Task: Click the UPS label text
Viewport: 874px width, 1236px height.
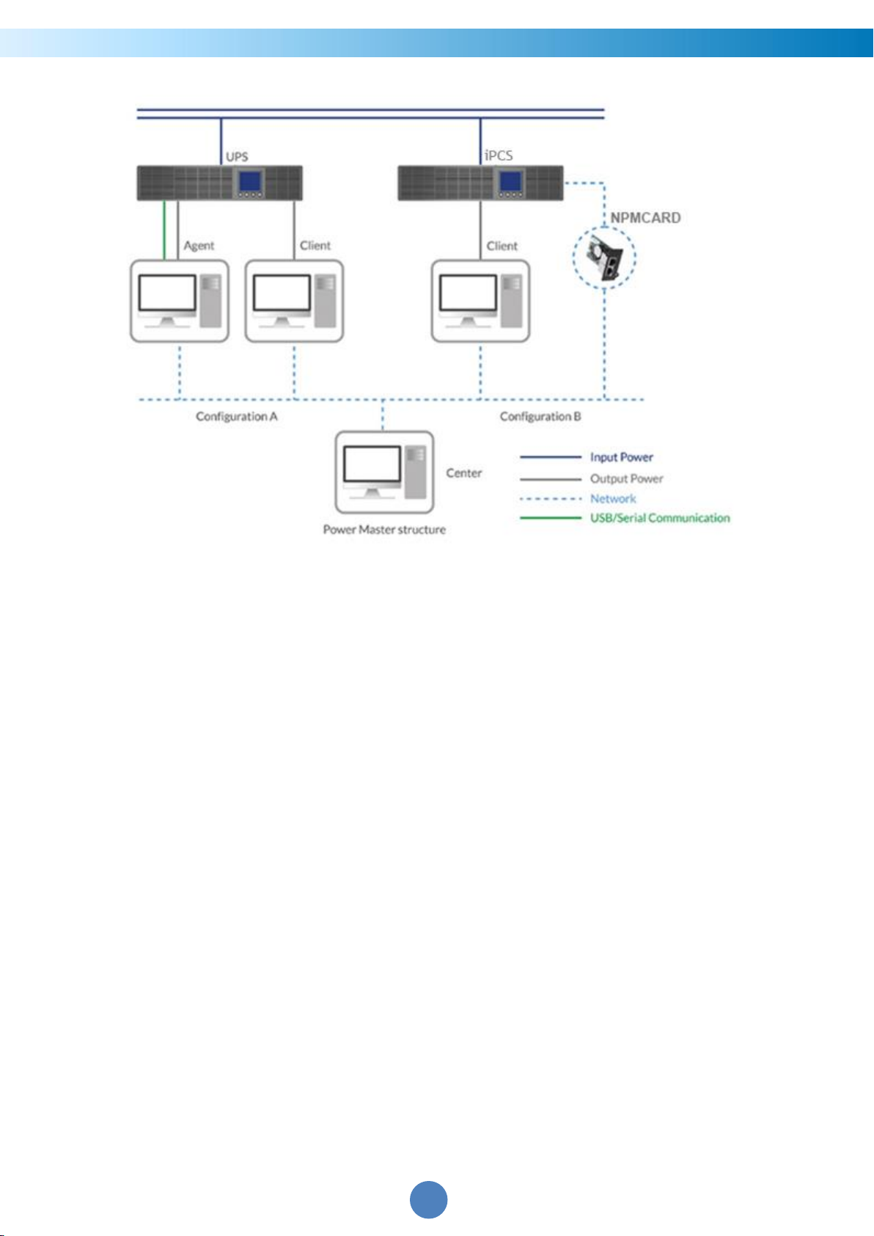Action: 237,157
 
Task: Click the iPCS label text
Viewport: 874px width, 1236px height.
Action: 499,156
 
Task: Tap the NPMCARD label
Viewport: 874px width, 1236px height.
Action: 645,218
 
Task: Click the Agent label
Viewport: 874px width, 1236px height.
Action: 199,246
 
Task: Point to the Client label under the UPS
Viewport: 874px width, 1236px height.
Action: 315,246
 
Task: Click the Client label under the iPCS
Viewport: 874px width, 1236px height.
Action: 502,246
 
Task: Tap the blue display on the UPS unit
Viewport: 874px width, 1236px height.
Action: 250,181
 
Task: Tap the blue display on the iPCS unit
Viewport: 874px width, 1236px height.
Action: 510,181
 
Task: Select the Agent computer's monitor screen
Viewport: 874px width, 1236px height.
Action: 167,293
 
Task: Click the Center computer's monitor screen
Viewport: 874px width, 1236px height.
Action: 372,464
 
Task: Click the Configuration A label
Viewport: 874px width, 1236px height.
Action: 237,417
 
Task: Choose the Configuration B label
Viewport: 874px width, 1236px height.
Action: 540,417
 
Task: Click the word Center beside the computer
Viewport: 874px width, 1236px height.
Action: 463,473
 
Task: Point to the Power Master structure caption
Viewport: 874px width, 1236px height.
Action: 384,530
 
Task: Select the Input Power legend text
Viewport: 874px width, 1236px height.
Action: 622,458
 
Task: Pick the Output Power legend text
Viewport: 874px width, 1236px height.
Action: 626,479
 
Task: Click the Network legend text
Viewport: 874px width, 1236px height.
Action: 613,499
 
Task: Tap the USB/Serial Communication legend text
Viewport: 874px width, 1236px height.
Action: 660,518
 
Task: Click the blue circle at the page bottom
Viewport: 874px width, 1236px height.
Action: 428,1199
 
